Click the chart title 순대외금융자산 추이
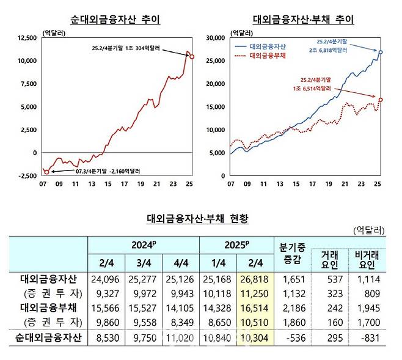click(x=115, y=20)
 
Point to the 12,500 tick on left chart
click(x=26, y=38)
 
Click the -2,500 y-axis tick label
click(x=27, y=176)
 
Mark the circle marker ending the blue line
click(x=381, y=53)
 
